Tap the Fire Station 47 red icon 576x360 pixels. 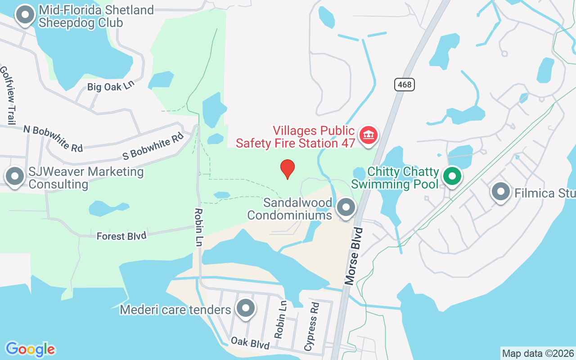(x=369, y=135)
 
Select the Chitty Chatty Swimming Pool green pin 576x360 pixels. (x=452, y=176)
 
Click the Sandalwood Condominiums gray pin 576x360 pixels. (x=346, y=207)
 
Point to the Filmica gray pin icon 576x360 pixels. (x=500, y=191)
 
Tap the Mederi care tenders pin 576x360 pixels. (x=246, y=308)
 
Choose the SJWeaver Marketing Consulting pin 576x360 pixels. (x=14, y=176)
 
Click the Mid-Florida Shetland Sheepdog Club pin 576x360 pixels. (x=25, y=15)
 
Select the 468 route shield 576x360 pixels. (x=405, y=84)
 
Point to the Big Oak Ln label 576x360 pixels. (x=111, y=86)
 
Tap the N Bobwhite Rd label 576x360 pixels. (x=53, y=138)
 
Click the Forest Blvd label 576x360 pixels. (x=121, y=236)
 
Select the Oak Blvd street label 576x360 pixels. (x=250, y=343)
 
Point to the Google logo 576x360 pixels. (x=30, y=349)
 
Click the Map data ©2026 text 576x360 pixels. (x=538, y=353)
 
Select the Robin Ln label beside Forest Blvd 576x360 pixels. (x=198, y=227)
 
